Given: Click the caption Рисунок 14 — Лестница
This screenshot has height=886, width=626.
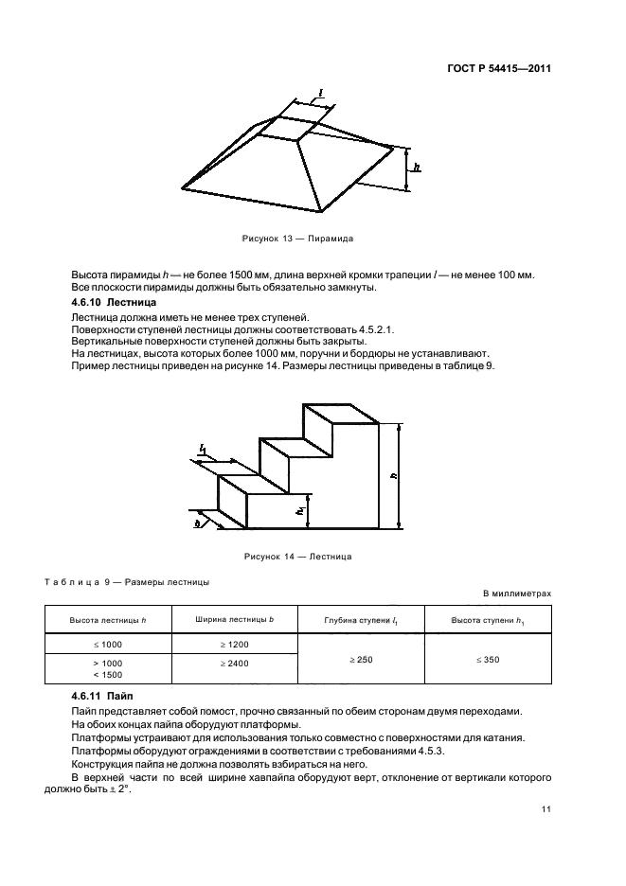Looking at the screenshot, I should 298,556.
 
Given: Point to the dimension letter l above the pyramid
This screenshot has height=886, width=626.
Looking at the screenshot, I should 321,93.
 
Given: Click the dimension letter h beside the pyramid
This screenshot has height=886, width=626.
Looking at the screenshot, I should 417,166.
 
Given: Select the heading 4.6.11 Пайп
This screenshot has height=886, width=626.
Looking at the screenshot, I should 96,697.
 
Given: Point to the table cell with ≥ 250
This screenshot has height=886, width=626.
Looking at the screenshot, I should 361,659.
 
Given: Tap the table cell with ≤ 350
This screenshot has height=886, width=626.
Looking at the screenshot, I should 487,659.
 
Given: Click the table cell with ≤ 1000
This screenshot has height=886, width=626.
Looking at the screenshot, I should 107,644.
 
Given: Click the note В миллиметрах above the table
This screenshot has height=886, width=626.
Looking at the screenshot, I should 517,594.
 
